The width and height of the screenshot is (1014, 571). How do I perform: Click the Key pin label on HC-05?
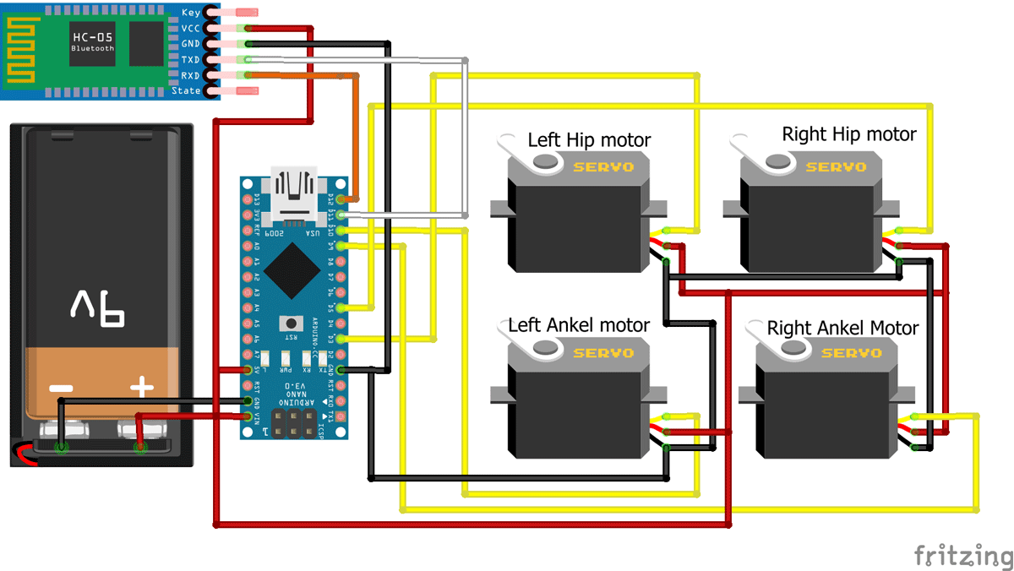click(x=191, y=13)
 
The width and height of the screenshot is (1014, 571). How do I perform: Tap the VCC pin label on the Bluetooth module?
click(x=191, y=28)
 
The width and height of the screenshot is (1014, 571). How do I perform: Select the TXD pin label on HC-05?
click(x=191, y=60)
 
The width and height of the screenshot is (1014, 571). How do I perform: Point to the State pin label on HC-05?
click(x=187, y=90)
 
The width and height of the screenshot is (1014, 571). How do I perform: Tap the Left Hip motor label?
click(x=589, y=139)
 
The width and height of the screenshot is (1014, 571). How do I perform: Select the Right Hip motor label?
click(x=848, y=134)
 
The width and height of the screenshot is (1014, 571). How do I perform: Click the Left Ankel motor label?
click(x=578, y=325)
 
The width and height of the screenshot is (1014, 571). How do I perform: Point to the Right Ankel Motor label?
click(x=842, y=328)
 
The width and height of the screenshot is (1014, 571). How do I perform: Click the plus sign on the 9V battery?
click(x=141, y=389)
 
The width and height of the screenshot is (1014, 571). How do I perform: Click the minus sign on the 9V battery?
click(x=61, y=389)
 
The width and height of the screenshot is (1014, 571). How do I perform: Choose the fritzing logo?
click(x=962, y=555)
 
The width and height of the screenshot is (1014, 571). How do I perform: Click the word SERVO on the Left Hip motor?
click(x=602, y=166)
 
